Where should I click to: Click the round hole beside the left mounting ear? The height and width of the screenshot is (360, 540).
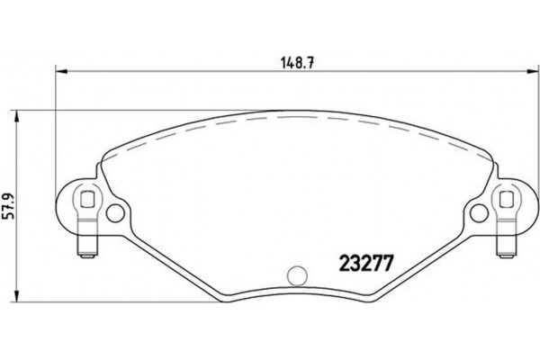click(115, 213)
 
